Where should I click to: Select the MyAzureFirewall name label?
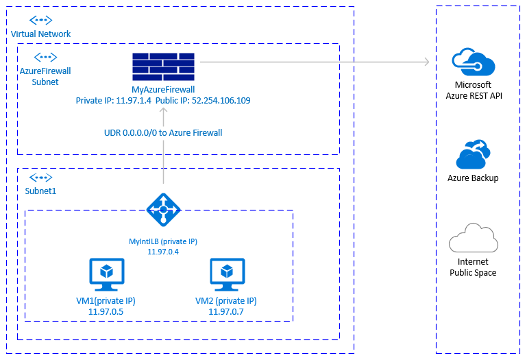pos(163,90)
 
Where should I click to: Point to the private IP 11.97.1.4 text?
pos(113,100)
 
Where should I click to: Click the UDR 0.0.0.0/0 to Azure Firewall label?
pos(163,132)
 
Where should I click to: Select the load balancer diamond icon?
pos(164,208)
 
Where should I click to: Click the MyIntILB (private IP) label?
pos(163,241)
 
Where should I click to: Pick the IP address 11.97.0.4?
pos(163,252)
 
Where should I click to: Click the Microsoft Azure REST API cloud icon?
pos(473,62)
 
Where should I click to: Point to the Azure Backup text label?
pos(473,178)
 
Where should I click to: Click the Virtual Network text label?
pos(40,34)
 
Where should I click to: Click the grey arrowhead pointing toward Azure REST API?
pos(426,62)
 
